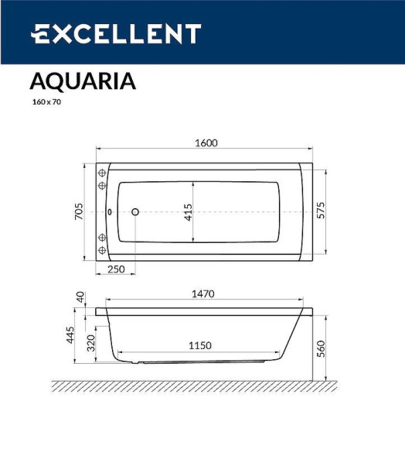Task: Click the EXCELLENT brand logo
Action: [116, 34]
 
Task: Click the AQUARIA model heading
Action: [83, 81]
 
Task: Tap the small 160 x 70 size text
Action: [45, 101]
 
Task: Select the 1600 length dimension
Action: [206, 142]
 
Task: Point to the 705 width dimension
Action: [79, 211]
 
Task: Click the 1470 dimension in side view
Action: [202, 294]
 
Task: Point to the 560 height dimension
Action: [321, 349]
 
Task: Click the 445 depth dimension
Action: [70, 335]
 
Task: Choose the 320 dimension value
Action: [91, 343]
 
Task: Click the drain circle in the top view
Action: [134, 211]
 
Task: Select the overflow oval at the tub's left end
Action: [110, 211]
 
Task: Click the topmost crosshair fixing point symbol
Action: [101, 173]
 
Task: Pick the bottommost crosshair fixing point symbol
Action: [101, 250]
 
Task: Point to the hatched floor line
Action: [193, 385]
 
